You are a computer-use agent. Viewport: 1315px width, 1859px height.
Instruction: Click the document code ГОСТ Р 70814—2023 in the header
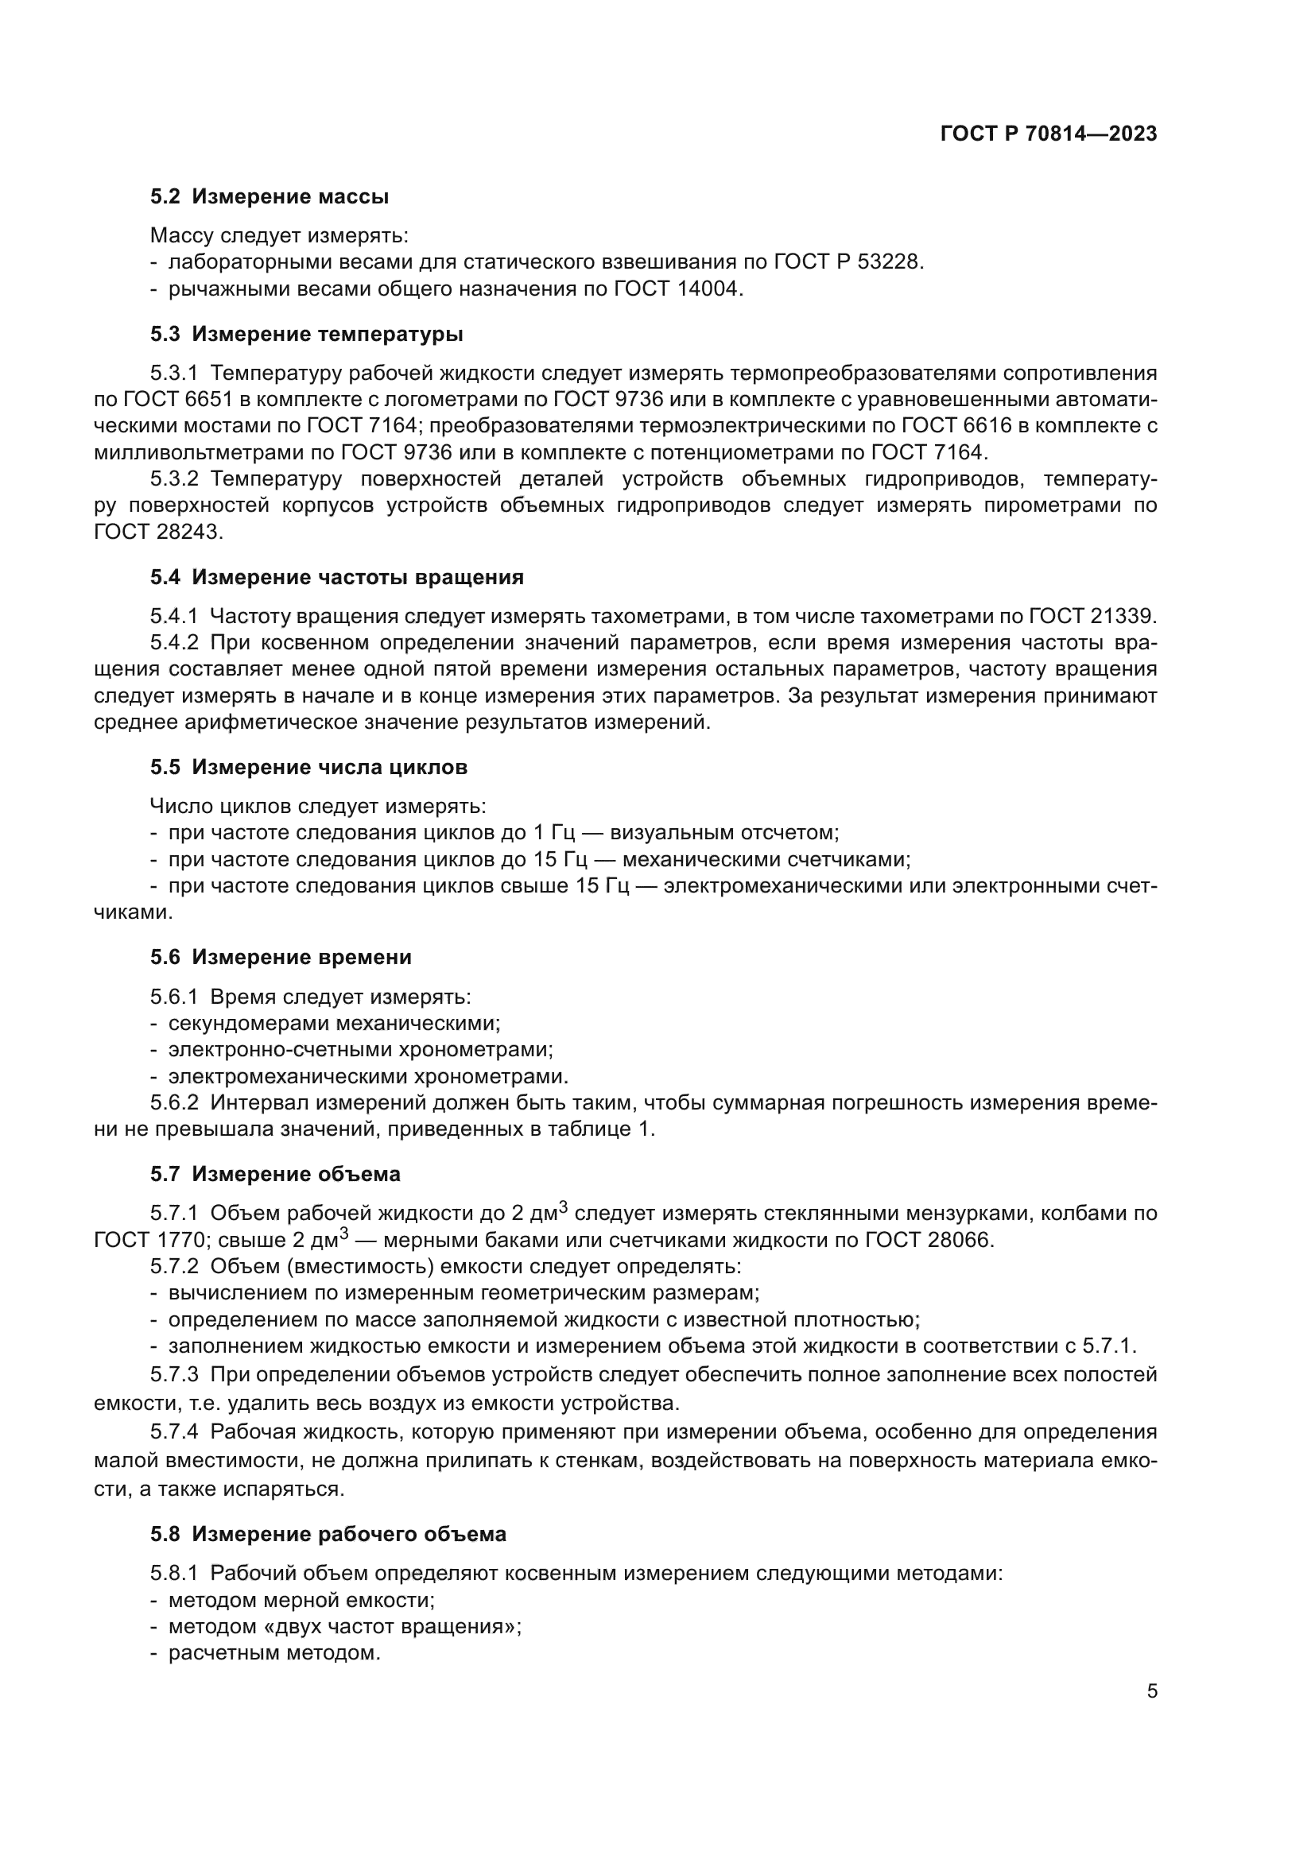(1049, 134)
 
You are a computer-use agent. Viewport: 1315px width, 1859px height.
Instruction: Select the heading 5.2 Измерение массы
(269, 197)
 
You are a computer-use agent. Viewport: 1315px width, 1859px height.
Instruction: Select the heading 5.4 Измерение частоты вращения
(336, 577)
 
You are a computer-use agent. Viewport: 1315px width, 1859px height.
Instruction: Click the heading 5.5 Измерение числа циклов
(308, 767)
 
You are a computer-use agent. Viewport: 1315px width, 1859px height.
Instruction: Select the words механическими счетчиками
(765, 859)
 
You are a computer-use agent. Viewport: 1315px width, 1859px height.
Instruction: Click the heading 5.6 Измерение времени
(280, 957)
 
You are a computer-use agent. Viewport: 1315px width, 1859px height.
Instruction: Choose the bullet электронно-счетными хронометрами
(360, 1050)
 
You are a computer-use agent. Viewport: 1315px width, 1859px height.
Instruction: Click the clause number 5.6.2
(174, 1103)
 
